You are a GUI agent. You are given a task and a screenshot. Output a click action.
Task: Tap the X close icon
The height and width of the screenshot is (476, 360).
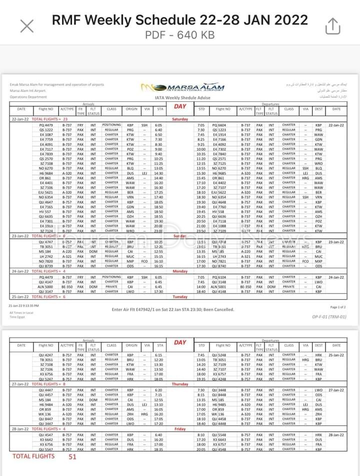[26, 26]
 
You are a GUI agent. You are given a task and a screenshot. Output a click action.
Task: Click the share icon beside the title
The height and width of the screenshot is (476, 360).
[332, 25]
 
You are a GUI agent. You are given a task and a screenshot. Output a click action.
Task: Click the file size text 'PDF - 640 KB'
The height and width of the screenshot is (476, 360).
[180, 35]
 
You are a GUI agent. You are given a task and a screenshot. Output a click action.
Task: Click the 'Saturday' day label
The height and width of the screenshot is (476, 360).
[180, 119]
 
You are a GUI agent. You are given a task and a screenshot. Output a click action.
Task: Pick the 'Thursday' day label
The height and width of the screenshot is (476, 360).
[180, 384]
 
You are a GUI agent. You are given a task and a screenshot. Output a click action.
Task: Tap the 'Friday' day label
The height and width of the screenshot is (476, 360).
[180, 429]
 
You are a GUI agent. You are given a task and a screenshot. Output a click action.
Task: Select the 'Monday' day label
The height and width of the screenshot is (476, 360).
[180, 271]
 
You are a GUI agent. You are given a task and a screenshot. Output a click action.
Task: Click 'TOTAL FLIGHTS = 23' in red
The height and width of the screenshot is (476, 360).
[49, 119]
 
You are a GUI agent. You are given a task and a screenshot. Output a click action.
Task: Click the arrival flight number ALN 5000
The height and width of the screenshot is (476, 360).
[45, 287]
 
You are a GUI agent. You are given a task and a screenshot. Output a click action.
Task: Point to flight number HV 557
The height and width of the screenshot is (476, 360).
[45, 211]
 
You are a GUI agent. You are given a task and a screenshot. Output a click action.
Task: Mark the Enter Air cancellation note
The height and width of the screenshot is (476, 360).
[173, 310]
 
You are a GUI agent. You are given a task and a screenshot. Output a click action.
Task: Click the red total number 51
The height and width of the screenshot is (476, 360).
[72, 456]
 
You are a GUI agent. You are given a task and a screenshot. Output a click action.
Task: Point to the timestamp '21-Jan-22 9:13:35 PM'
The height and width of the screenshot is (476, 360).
[23, 305]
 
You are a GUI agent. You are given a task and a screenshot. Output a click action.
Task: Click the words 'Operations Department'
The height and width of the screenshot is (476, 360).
[27, 97]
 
